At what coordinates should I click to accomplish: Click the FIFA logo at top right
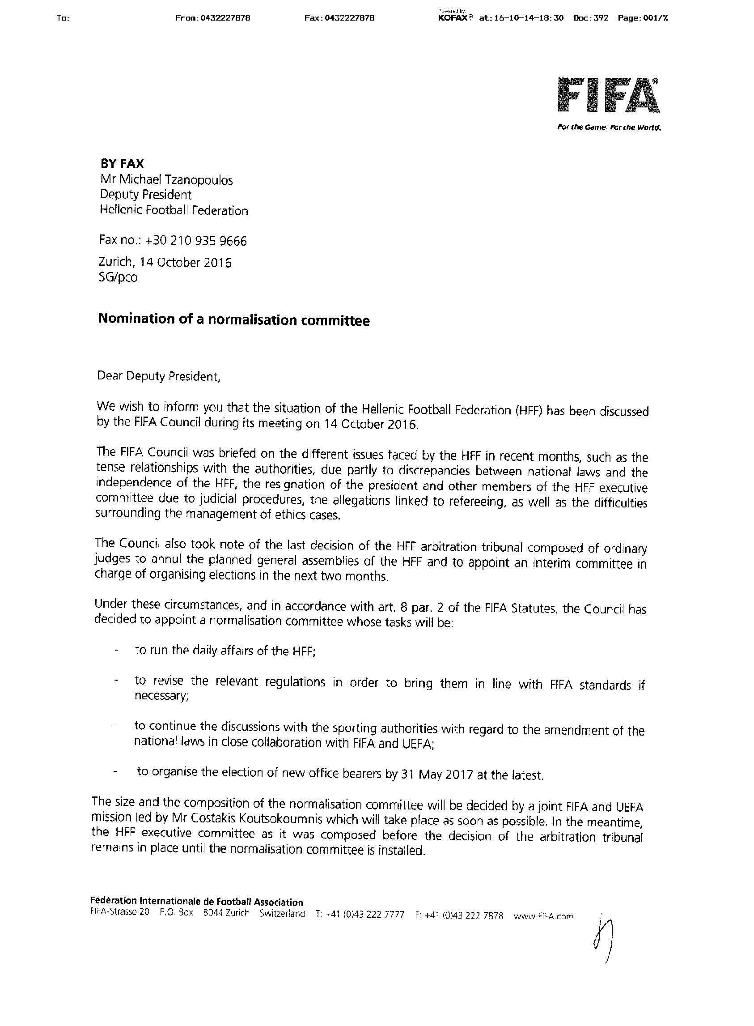[x=608, y=95]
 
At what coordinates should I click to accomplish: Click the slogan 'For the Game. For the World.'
[x=609, y=128]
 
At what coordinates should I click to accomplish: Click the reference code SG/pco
[x=118, y=277]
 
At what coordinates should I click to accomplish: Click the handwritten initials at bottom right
[x=602, y=932]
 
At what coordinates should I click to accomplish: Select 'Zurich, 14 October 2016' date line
[x=165, y=263]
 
